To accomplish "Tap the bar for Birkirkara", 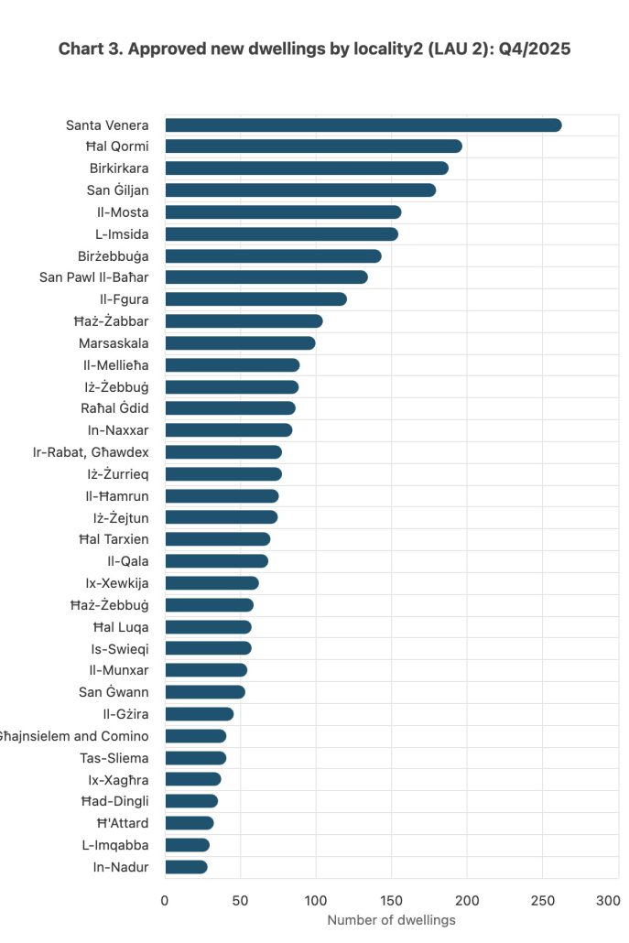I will point(306,168).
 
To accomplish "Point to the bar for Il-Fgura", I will point(255,299).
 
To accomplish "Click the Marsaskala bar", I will point(240,343).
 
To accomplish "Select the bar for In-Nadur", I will point(186,867).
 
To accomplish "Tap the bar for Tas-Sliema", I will point(195,758).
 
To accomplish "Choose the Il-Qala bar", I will point(216,561).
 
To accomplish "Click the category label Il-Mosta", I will point(125,212).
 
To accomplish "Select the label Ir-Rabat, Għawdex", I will point(91,452).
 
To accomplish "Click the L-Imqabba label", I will point(115,845).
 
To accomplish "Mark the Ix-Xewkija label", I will point(118,583).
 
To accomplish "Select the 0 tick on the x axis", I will point(165,901).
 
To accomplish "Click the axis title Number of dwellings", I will point(391,920).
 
